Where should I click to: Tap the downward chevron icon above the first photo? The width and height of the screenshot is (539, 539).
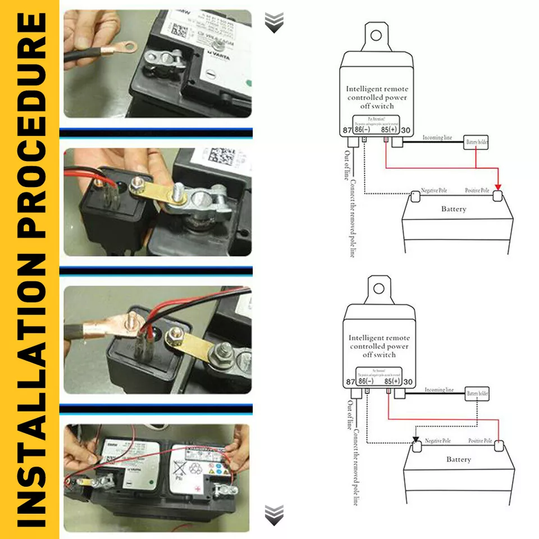(273, 22)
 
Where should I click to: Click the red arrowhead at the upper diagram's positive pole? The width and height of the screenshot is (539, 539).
(497, 188)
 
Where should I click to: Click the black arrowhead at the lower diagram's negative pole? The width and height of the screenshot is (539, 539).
(415, 440)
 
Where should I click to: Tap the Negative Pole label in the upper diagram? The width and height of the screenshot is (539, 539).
(438, 191)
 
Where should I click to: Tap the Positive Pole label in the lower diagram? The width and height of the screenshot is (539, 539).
(480, 441)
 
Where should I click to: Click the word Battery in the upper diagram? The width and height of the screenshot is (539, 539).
(454, 209)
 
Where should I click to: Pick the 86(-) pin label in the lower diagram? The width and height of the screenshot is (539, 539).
(366, 381)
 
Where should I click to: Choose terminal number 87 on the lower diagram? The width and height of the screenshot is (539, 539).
(350, 381)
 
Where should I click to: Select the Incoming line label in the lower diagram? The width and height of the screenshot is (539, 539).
(439, 390)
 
